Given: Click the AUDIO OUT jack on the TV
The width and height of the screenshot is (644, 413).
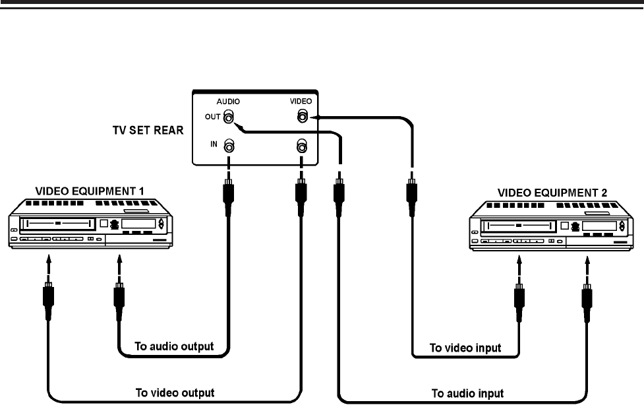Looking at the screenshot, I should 229,118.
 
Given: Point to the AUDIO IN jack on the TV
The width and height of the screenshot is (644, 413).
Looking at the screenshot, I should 229,145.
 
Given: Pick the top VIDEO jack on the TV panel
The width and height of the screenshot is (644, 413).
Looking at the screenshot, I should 301,117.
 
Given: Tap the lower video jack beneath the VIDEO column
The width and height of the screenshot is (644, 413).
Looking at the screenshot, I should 301,145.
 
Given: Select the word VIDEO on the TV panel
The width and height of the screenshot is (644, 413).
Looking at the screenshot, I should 301,102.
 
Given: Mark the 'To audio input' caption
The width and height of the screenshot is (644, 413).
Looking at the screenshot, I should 467,393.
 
